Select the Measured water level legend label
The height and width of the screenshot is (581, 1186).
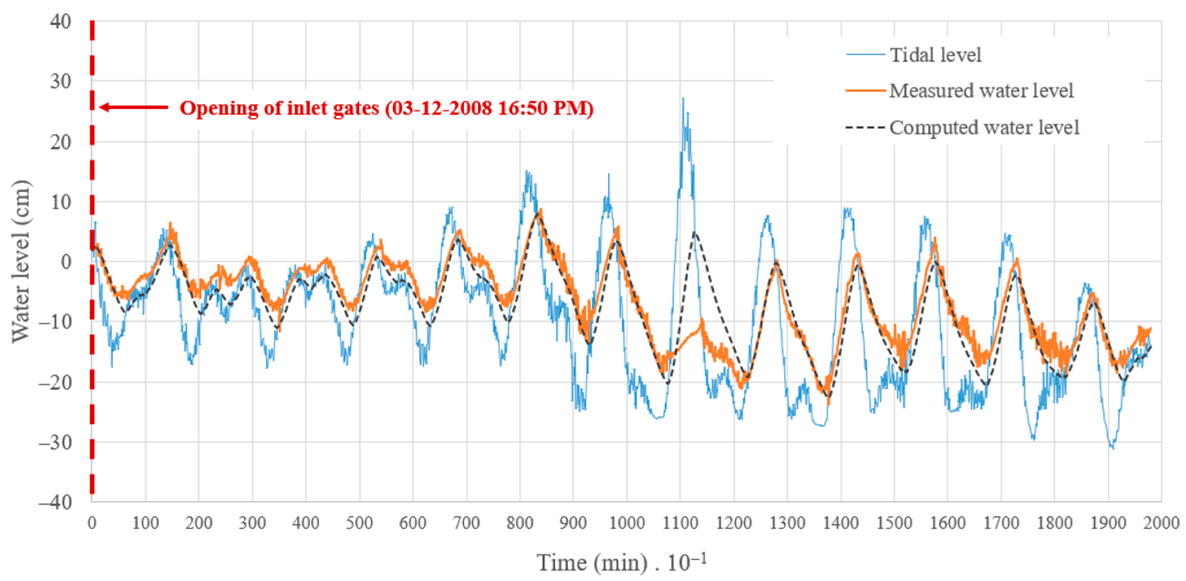(x=981, y=91)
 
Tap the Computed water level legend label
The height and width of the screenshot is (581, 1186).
(x=984, y=127)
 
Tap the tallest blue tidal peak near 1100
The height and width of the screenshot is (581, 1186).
(x=683, y=99)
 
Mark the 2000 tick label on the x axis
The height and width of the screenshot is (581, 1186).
(x=1161, y=523)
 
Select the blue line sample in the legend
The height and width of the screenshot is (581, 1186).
(x=866, y=55)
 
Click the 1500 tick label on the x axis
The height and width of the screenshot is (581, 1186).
(x=894, y=523)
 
